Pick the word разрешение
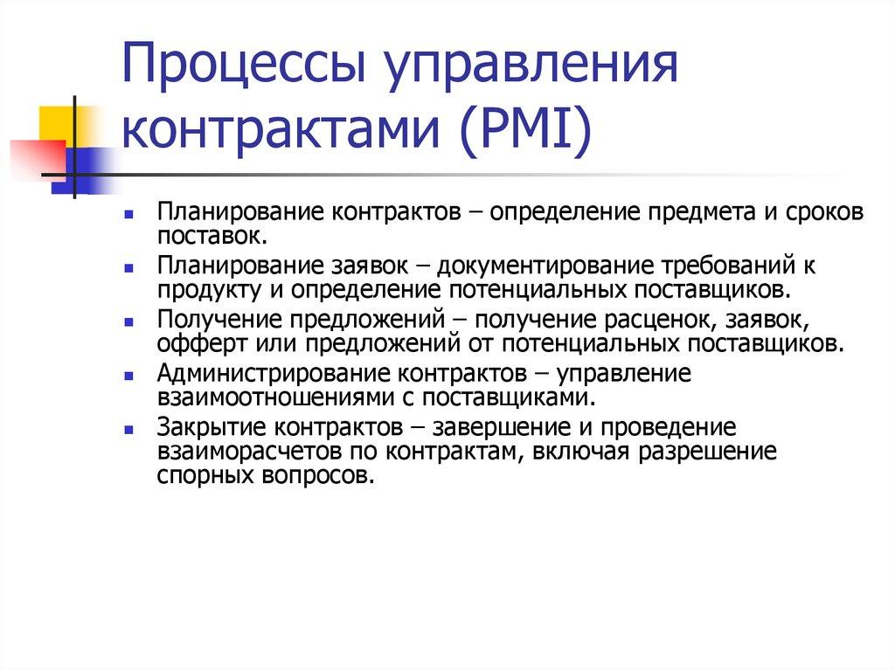tap(708, 452)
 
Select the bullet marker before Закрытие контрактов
tap(128, 431)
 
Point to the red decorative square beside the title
tap(35, 158)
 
